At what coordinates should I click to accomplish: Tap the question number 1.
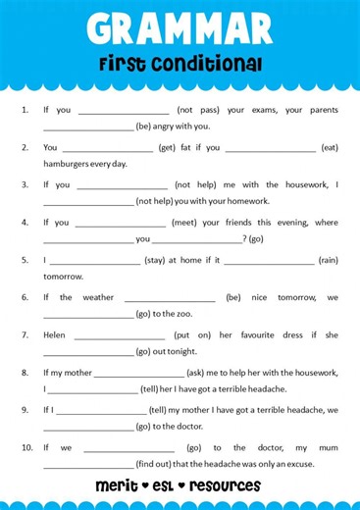[25, 110]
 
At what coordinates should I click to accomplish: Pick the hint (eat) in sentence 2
[330, 147]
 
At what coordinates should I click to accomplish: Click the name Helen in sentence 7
[55, 334]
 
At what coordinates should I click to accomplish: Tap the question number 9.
[25, 409]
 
